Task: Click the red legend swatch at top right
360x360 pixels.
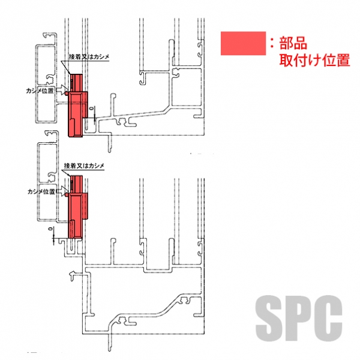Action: [243, 44]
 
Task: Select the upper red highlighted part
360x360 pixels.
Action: [78, 108]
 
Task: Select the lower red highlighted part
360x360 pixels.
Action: [76, 207]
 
